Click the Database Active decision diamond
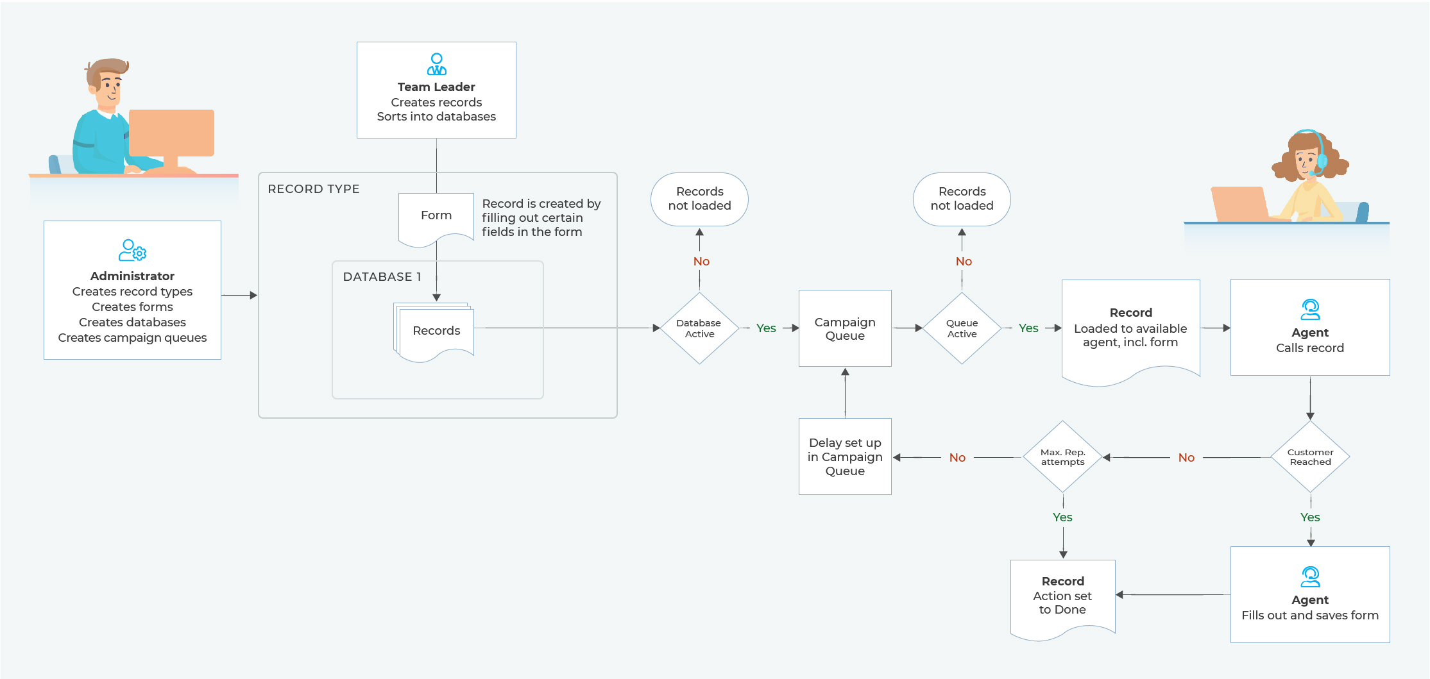[x=699, y=328]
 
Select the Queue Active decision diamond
[x=962, y=328]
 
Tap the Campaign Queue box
[x=845, y=328]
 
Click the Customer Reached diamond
[x=1310, y=457]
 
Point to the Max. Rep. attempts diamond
[x=1063, y=457]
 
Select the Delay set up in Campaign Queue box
[x=845, y=457]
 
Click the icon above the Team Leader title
[x=436, y=64]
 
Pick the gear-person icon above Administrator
[x=132, y=250]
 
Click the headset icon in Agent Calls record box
[x=1310, y=310]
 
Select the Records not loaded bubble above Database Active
[x=699, y=199]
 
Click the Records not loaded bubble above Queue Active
[x=962, y=199]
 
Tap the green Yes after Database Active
[x=766, y=328]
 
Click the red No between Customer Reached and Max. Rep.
[x=1186, y=457]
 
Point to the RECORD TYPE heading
[x=314, y=189]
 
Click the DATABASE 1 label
[x=382, y=277]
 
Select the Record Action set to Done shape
[x=1062, y=596]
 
